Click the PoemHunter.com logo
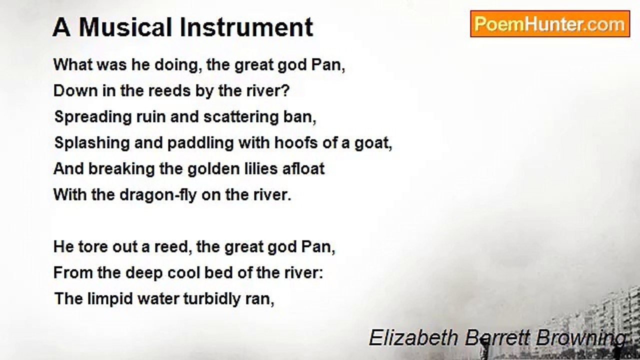pyautogui.click(x=550, y=24)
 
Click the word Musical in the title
pyautogui.click(x=125, y=27)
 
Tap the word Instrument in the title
pyautogui.click(x=246, y=27)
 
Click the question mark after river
pyautogui.click(x=285, y=91)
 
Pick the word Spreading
pyautogui.click(x=93, y=117)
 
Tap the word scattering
pyautogui.click(x=241, y=117)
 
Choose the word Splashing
pyautogui.click(x=92, y=143)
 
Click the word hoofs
pyautogui.click(x=296, y=143)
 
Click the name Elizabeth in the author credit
pyautogui.click(x=413, y=337)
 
